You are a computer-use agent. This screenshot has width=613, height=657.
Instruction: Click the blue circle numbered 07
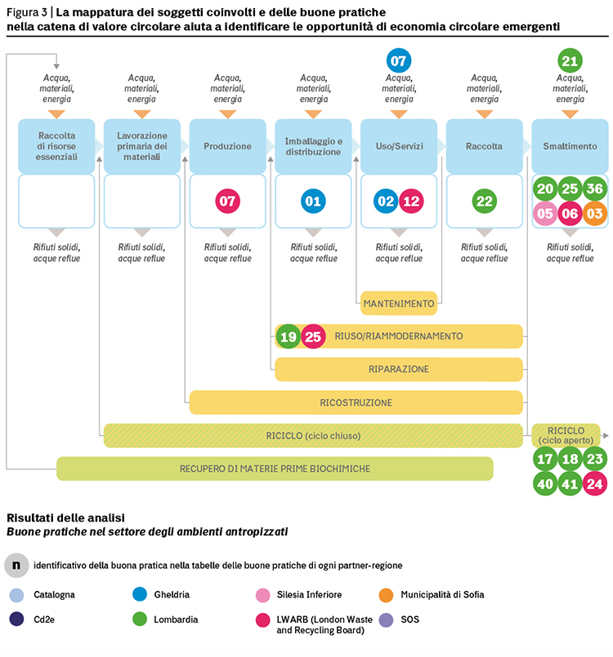398,60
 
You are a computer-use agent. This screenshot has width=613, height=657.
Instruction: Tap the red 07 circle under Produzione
227,201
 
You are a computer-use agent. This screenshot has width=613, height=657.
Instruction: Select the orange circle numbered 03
594,214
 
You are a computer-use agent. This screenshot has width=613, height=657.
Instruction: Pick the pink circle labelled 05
545,214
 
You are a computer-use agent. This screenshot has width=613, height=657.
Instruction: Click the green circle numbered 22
484,201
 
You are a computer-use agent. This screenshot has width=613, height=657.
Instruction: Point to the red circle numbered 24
594,484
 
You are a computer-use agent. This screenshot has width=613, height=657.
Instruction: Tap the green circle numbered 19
289,336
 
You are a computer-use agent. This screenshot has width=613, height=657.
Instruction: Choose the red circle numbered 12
411,201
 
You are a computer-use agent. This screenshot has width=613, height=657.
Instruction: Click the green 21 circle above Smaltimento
570,60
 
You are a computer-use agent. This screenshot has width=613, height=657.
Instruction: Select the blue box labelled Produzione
227,146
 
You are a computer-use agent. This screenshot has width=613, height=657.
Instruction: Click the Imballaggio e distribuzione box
313,146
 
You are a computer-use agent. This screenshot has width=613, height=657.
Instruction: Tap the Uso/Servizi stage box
399,146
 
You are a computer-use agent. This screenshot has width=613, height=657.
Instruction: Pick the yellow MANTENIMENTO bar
399,304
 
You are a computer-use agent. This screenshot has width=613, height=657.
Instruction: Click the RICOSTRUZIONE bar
356,402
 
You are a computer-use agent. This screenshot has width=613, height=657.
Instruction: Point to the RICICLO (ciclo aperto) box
566,435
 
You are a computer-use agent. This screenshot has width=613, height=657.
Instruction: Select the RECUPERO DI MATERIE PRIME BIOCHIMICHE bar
275,468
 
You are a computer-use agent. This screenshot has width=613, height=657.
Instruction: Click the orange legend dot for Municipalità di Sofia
386,595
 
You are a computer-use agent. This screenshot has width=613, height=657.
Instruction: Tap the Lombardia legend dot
140,619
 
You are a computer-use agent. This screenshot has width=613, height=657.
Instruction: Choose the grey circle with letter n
16,566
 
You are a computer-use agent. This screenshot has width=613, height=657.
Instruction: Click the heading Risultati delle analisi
66,518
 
